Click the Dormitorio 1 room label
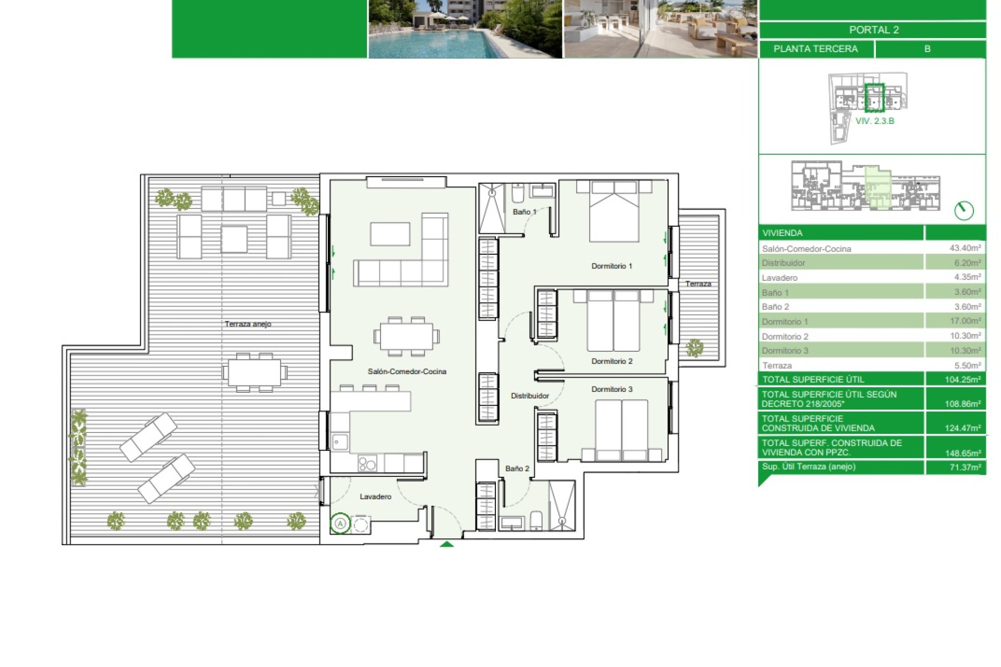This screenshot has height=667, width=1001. point(612,266)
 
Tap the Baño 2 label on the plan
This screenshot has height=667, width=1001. point(517,468)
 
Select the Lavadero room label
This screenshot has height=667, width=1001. point(375,497)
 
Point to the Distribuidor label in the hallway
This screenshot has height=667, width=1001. point(530,396)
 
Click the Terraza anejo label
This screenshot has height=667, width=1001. point(248,324)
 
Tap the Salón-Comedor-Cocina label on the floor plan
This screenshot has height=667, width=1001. point(407,372)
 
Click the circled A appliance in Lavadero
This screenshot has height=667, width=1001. point(340,523)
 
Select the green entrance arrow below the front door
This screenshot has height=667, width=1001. point(447,544)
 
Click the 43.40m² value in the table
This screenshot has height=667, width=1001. point(965,248)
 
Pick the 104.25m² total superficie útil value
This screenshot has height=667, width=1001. point(963,379)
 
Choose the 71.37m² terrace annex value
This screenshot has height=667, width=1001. point(965,467)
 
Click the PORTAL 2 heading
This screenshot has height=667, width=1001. point(874,30)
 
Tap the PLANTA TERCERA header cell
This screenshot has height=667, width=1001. point(815,49)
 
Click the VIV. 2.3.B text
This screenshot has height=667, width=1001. point(875,121)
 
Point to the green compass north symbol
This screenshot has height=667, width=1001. point(964,211)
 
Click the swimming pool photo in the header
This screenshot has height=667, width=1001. point(465,29)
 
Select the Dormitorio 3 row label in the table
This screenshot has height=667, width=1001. point(785,351)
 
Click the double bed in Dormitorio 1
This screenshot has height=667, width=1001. point(614,211)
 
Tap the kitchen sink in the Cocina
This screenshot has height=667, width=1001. point(340,442)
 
